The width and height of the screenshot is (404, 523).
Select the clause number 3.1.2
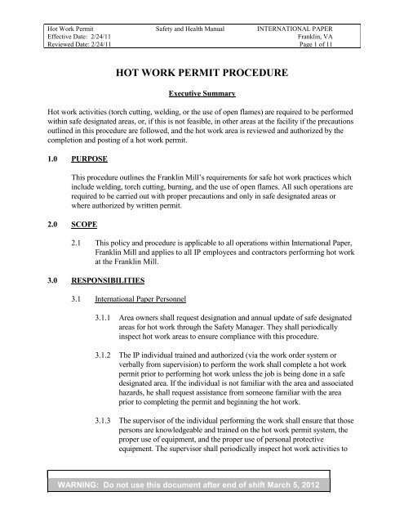(105, 377)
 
